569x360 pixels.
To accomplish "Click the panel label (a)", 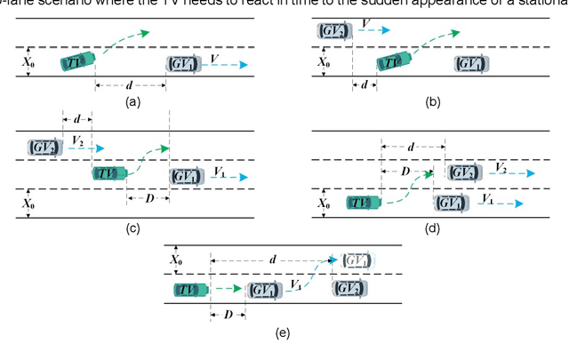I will (133, 103).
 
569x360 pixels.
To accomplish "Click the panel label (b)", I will (433, 103).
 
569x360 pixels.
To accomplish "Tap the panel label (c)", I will (132, 229).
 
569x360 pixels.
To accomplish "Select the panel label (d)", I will (432, 228).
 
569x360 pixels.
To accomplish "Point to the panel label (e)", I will (284, 333).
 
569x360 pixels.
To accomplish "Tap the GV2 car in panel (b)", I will (332, 31).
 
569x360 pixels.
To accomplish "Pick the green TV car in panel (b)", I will (393, 61).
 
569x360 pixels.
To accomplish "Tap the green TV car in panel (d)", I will (365, 203).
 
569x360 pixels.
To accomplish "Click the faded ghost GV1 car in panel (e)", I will (354, 260).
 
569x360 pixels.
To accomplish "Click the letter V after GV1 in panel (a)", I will (214, 57).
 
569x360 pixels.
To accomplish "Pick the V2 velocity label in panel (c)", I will (78, 140).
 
